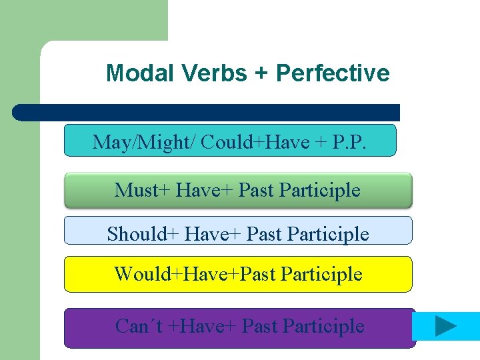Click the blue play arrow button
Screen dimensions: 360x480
point(445,326)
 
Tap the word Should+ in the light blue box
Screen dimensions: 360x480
point(143,234)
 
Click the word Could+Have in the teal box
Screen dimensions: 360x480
point(255,141)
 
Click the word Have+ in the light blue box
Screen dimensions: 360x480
point(212,234)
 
